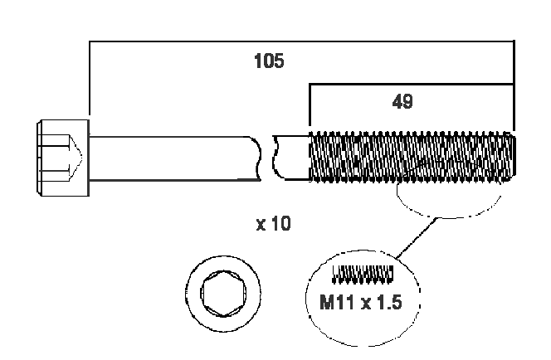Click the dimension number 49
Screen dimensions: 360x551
click(x=402, y=101)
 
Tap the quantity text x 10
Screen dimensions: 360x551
click(x=275, y=224)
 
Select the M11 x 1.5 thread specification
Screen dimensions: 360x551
click(x=360, y=302)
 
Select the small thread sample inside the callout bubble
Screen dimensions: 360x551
click(x=362, y=272)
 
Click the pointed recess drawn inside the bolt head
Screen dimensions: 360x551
click(x=73, y=157)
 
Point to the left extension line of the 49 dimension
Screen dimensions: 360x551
click(x=309, y=108)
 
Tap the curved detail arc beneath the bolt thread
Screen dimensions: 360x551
click(x=448, y=212)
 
